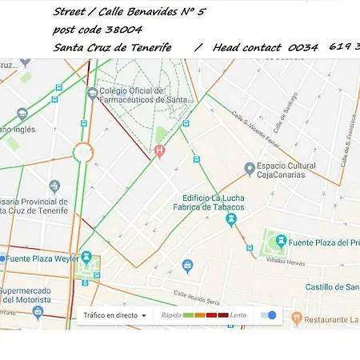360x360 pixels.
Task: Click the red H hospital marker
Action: [x=159, y=150]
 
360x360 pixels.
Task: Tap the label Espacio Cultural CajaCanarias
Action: [x=295, y=173]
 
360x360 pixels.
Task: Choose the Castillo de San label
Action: [x=331, y=286]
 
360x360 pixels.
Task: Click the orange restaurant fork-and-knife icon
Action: [x=296, y=318]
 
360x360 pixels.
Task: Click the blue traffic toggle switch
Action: [x=269, y=315]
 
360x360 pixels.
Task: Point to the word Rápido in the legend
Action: [x=170, y=315]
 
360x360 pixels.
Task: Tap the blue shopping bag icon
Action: [x=187, y=265]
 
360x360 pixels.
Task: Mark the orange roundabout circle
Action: [x=83, y=152]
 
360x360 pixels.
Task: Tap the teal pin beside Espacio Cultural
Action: [x=249, y=168]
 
